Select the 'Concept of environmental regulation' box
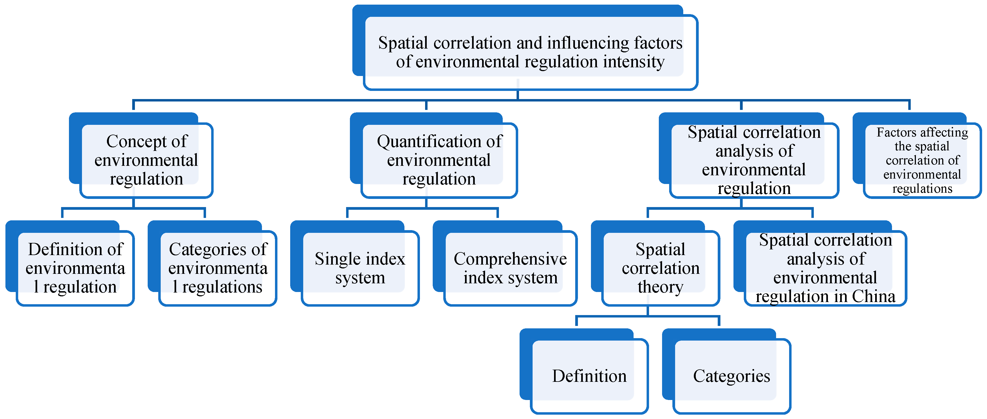[146, 160]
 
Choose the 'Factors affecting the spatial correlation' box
[922, 160]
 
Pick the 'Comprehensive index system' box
[510, 268]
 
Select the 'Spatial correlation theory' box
[660, 268]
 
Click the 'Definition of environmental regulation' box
[75, 268]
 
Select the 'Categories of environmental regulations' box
[218, 268]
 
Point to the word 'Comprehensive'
[510, 259]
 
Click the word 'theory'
[660, 287]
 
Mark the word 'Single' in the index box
[334, 259]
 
